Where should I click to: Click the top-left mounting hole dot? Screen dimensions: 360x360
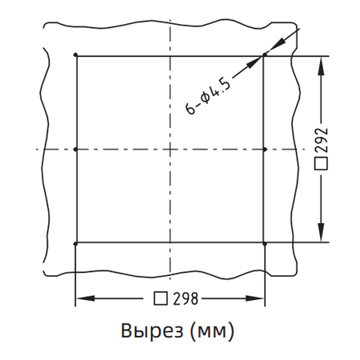[x=74, y=56]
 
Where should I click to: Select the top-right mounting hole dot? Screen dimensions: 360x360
[x=265, y=56]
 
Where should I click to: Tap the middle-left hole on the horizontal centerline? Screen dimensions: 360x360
[x=74, y=150]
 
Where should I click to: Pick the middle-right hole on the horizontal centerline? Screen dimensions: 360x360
[x=265, y=150]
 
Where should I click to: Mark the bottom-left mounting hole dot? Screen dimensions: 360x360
[x=74, y=242]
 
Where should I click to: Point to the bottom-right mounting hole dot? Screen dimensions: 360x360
[x=265, y=242]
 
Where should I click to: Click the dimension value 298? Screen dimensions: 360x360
[x=184, y=299]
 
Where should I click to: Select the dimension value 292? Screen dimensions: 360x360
[x=322, y=142]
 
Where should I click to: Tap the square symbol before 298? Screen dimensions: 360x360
[x=160, y=299]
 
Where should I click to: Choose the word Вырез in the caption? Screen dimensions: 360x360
[x=147, y=330]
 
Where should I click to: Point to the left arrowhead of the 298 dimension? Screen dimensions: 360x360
[x=79, y=299]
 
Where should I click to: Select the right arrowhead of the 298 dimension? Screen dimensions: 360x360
[x=260, y=299]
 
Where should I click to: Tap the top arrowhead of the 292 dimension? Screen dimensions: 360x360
[x=322, y=62]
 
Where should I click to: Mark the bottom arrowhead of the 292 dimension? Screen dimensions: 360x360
[x=322, y=237]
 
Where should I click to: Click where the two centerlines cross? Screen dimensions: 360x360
[x=170, y=150]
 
